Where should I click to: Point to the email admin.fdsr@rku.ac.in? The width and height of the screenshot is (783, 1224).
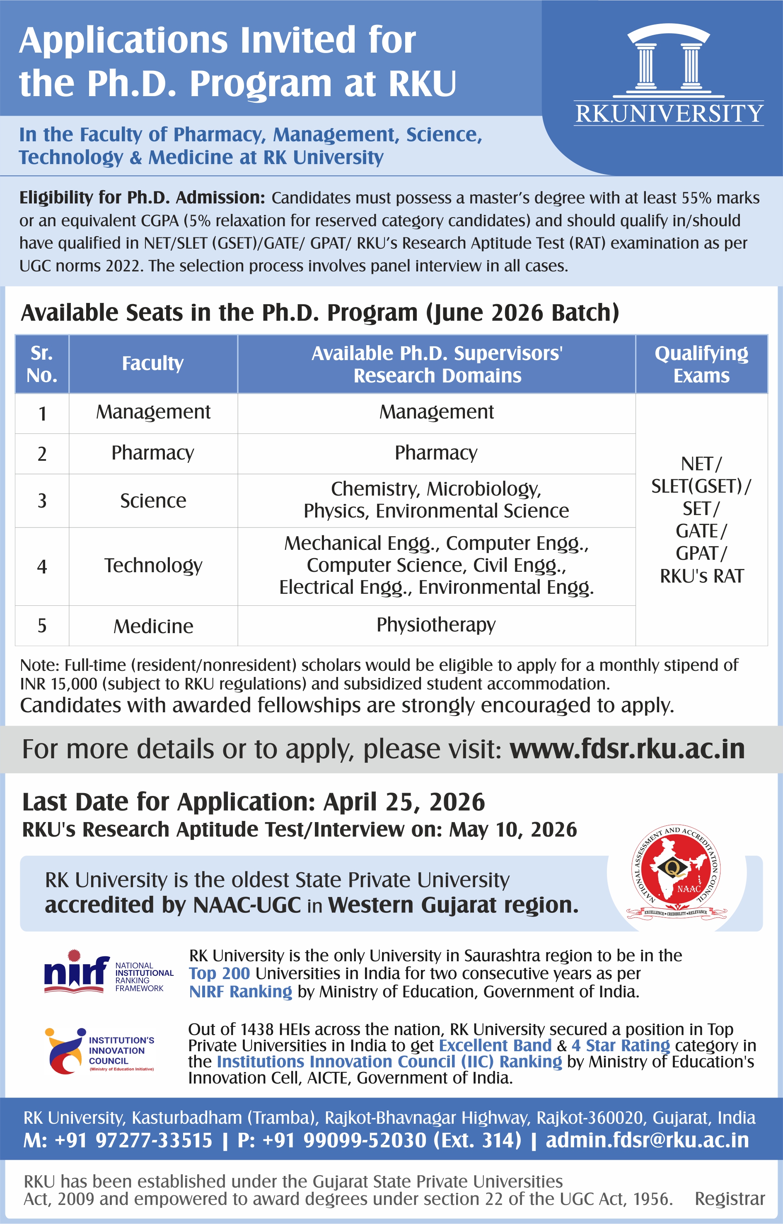pos(647,1140)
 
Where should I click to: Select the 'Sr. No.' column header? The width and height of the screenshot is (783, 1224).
pos(42,364)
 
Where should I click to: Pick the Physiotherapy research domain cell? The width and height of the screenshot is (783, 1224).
pos(436,625)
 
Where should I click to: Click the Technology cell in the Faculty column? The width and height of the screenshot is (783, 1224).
pos(153,566)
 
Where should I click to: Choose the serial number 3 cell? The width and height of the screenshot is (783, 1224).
pos(42,501)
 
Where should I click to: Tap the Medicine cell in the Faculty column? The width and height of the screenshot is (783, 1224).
pos(153,626)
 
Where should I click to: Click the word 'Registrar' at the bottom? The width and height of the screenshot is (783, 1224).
pos(730,1199)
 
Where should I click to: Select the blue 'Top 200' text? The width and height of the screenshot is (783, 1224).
pos(219,973)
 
